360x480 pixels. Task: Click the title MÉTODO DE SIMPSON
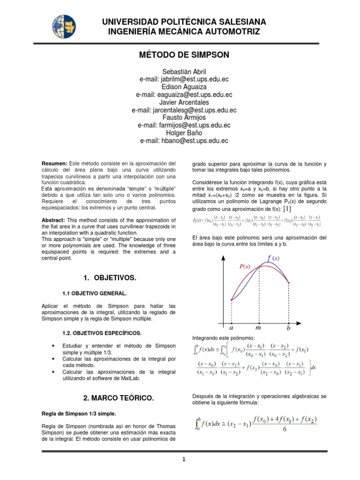pos(184,55)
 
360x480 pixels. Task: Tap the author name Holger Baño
pos(184,133)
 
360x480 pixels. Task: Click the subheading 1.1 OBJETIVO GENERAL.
pos(94,293)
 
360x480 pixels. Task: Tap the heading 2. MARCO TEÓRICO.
pos(118,398)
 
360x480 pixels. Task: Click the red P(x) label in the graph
pos(245,266)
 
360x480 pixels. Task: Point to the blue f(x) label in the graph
pos(273,258)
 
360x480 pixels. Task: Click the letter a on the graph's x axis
pos(231,328)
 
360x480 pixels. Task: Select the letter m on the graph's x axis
pos(258,328)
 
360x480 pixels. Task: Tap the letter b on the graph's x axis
pos(288,329)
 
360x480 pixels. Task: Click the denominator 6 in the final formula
pos(284,432)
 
